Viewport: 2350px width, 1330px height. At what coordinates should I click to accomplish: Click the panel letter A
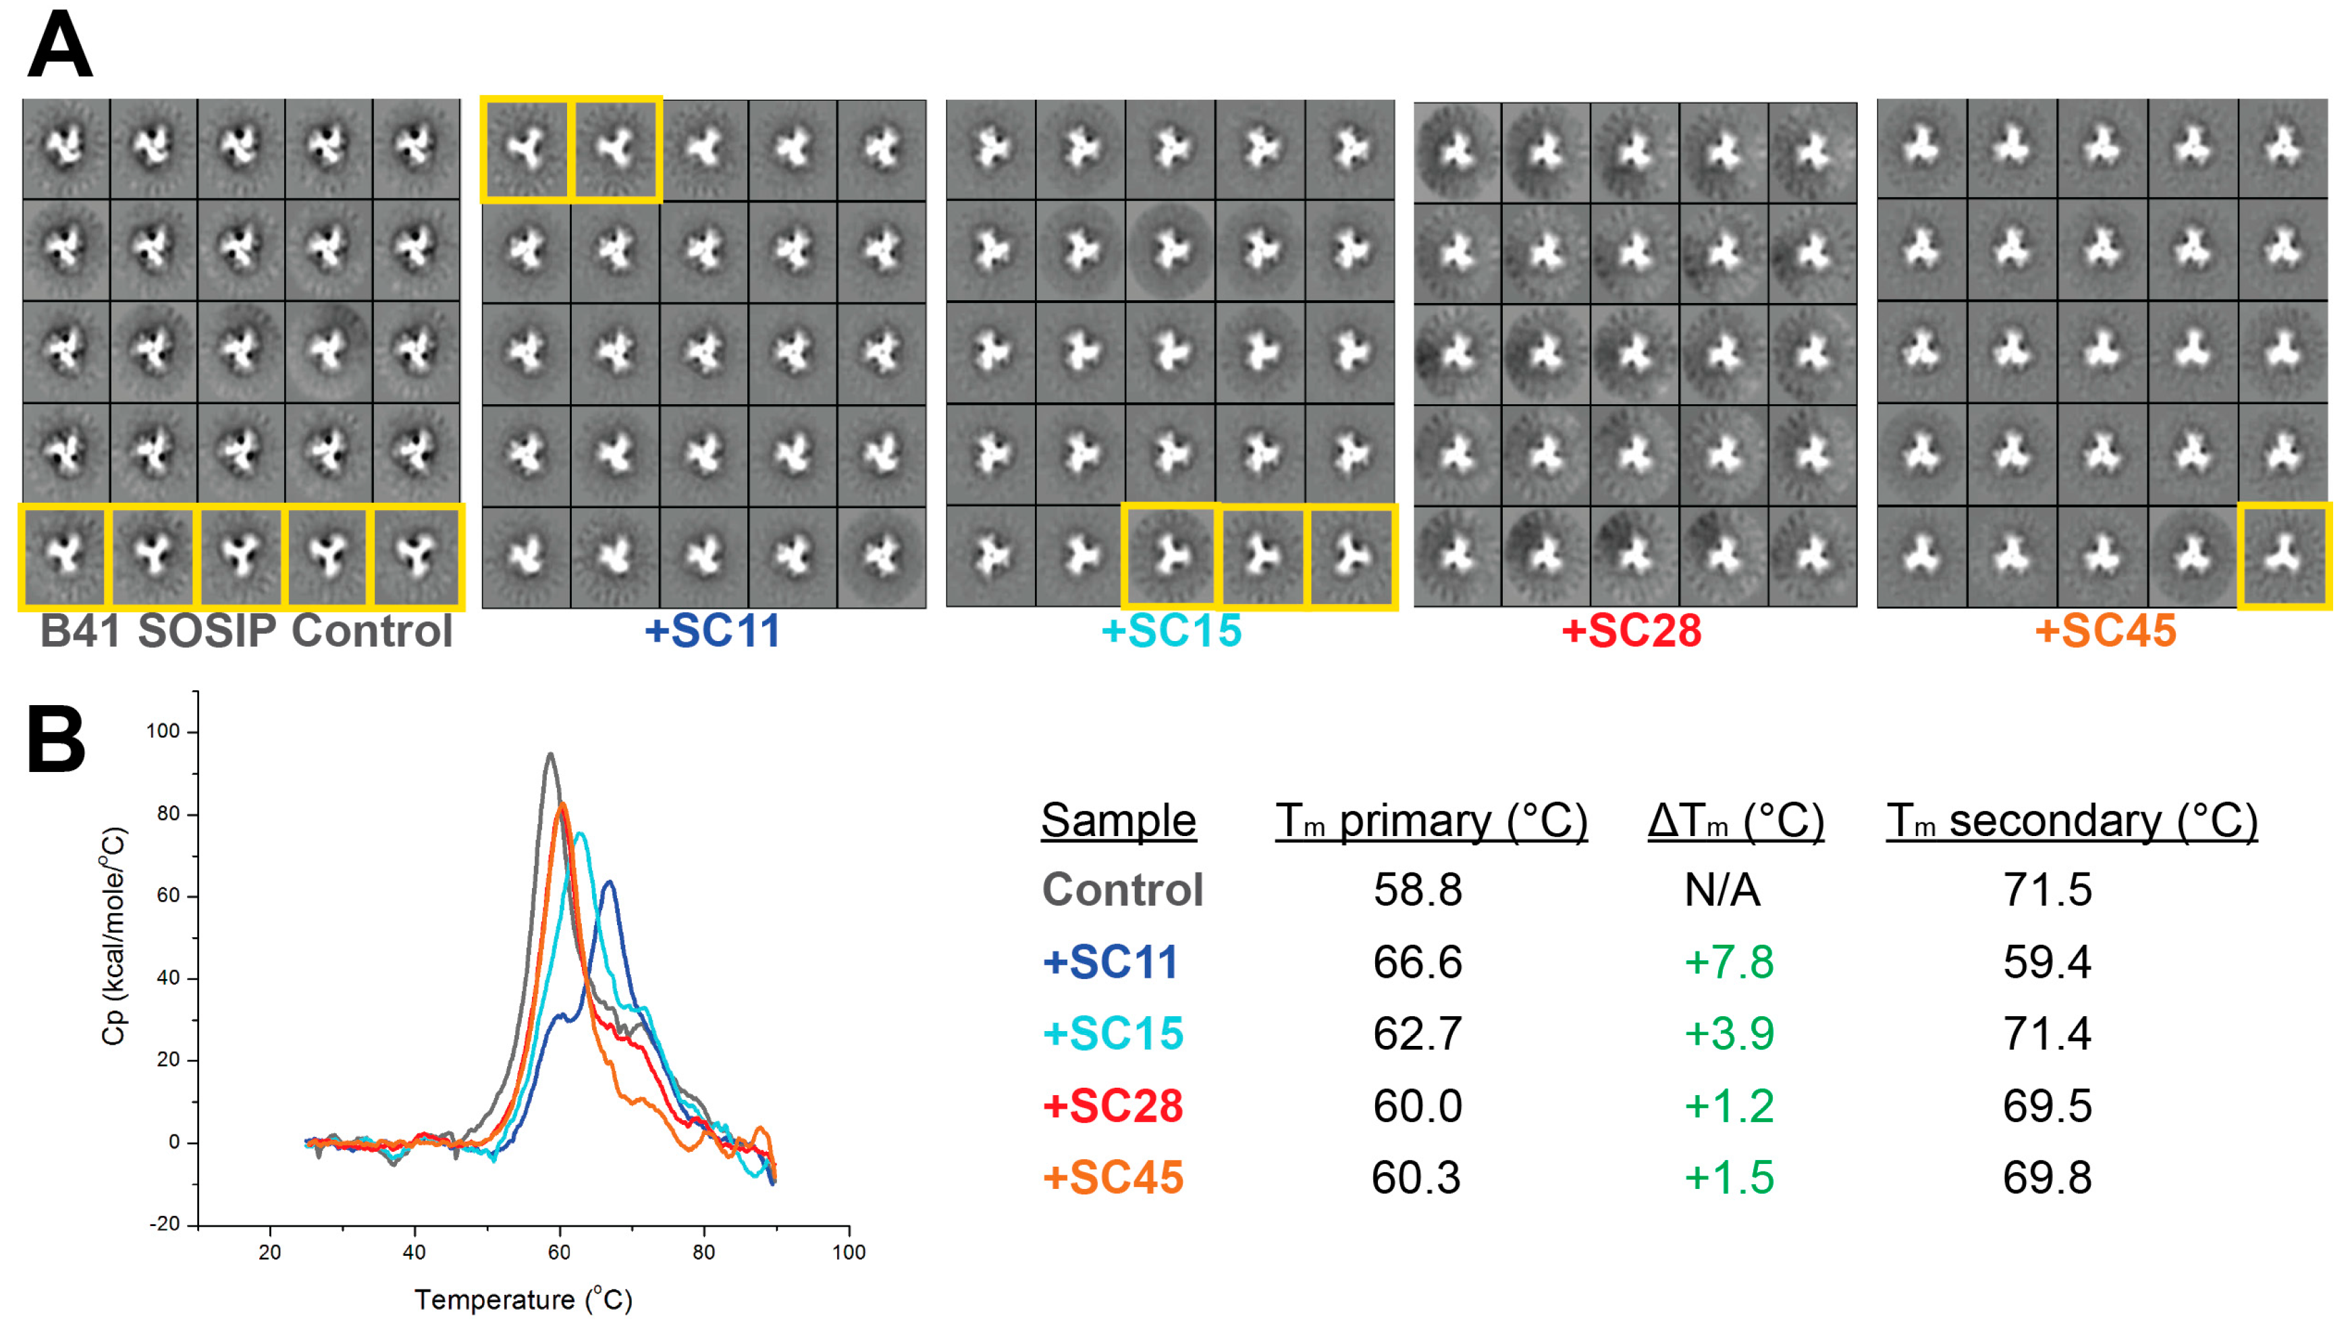click(x=60, y=46)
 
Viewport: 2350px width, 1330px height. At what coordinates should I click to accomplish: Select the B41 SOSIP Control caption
click(x=246, y=631)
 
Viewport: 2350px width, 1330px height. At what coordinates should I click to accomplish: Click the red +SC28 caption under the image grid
click(x=1631, y=631)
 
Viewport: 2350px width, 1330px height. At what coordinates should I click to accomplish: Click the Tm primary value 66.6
click(x=1417, y=962)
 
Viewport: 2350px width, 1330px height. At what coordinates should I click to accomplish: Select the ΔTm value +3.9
click(x=1729, y=1033)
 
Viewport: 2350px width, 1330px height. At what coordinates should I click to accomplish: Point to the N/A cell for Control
click(x=1721, y=890)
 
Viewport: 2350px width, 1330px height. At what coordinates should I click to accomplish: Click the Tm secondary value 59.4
click(x=2047, y=962)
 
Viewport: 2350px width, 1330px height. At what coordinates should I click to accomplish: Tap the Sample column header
click(x=1119, y=821)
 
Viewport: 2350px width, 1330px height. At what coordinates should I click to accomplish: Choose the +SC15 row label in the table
click(x=1113, y=1033)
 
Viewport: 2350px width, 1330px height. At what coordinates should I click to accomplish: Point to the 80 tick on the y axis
click(x=168, y=814)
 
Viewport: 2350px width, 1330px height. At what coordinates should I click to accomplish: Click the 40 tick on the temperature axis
click(x=414, y=1252)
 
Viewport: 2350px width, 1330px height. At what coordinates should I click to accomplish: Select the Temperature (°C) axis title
click(x=523, y=1300)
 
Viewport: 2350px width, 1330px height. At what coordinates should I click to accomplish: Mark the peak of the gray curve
click(x=550, y=754)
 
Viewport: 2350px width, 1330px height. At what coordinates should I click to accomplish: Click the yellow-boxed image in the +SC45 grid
click(x=2283, y=555)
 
